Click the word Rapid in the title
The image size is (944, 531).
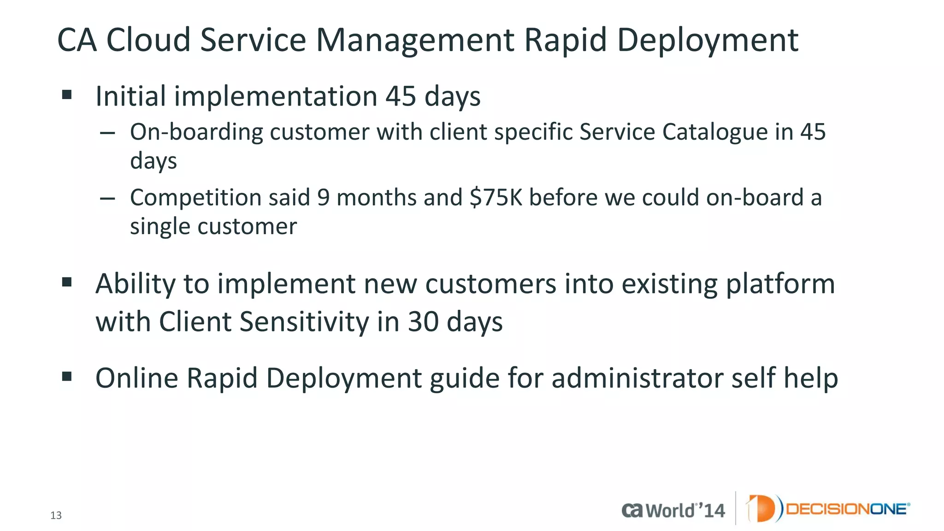(565, 40)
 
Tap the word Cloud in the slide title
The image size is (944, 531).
(148, 40)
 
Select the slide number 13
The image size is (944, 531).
(56, 515)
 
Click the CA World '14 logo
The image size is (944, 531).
(673, 510)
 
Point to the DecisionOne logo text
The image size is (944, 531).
(847, 509)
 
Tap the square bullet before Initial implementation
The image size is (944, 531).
(67, 95)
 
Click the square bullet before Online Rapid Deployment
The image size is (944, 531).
(67, 377)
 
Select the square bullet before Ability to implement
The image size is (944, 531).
(67, 282)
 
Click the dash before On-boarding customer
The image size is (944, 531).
(107, 133)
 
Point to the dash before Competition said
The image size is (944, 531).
(107, 199)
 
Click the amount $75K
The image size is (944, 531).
(496, 198)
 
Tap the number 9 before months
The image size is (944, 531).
(323, 198)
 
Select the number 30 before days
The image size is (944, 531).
(423, 321)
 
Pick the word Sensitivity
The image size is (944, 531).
(304, 321)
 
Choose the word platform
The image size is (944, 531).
(780, 284)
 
